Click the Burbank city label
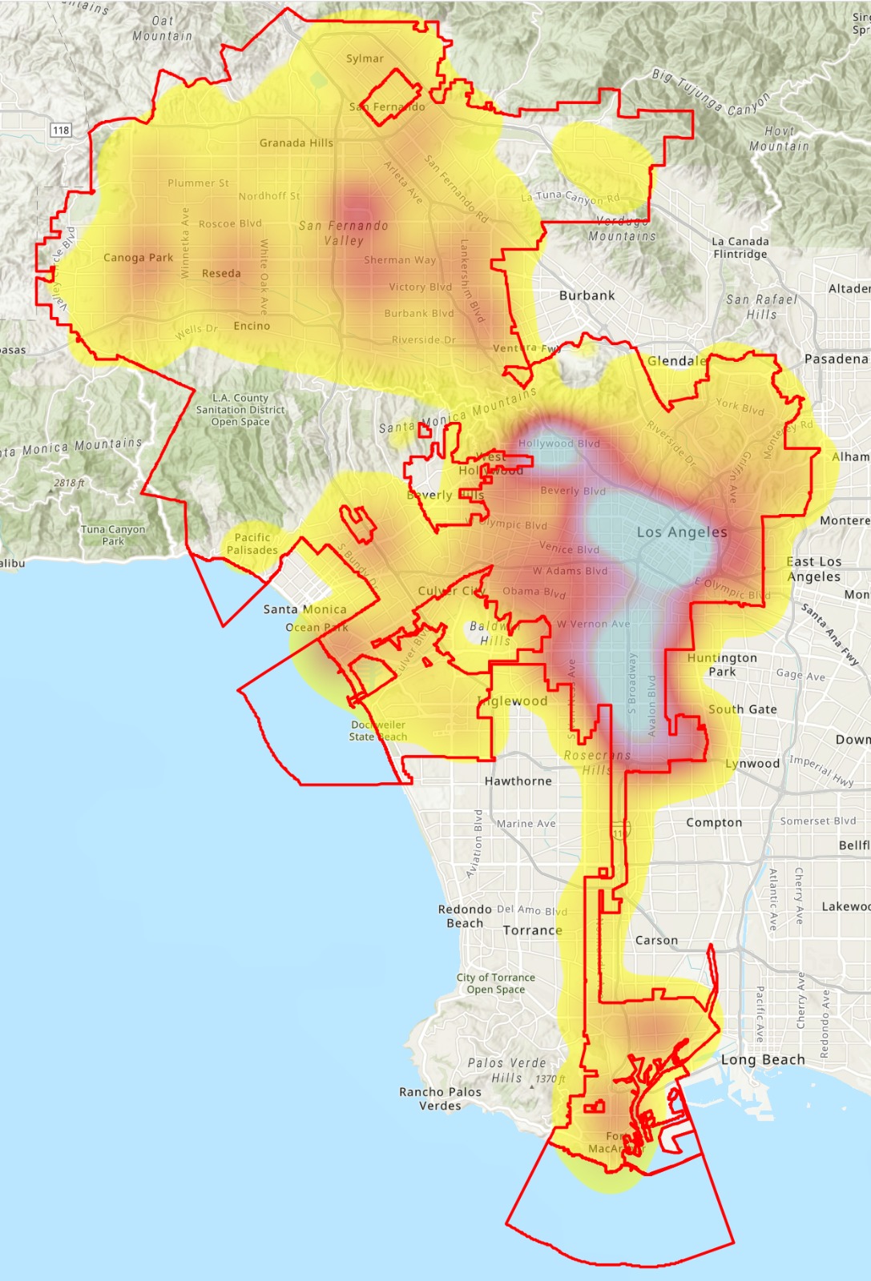pos(587,295)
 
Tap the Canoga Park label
pos(138,258)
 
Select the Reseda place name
pos(221,273)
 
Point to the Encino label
pos(252,326)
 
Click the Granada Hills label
pos(296,143)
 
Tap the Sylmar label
pos(365,58)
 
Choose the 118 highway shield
pos(61,130)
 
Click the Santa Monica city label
pos(304,609)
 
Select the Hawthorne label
pos(518,781)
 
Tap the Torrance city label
pos(532,930)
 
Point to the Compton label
pos(714,822)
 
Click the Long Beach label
pos(763,1059)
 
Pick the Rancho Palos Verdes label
pos(440,1098)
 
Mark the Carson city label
pos(656,940)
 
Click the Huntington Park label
pos(721,665)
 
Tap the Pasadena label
pos(836,359)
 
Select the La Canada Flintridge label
pos(740,247)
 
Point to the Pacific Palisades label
pos(252,544)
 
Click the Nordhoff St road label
pos(269,196)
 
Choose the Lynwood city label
pos(752,764)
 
